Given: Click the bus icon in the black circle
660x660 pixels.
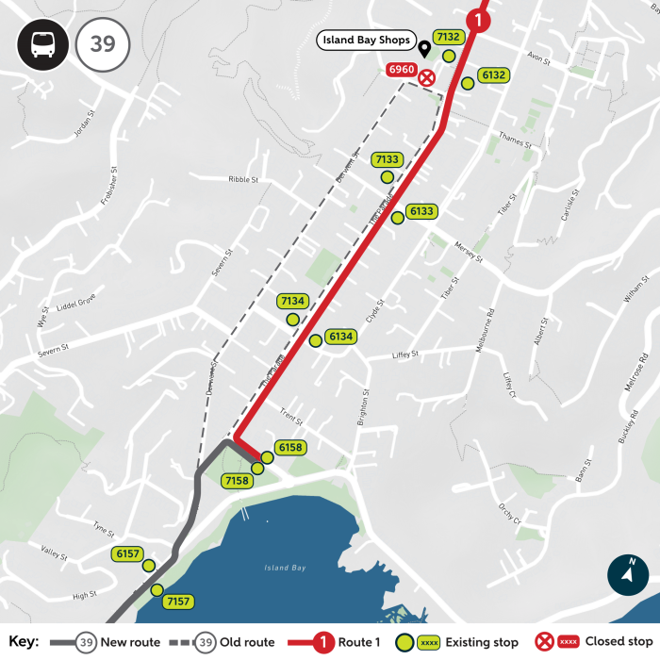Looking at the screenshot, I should pyautogui.click(x=42, y=44).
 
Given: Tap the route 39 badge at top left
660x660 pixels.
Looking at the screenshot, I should pyautogui.click(x=102, y=44).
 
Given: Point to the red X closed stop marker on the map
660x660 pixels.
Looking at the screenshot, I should pyautogui.click(x=427, y=77).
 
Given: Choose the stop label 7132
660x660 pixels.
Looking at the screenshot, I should pyautogui.click(x=448, y=37).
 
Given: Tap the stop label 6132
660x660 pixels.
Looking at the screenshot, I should pyautogui.click(x=493, y=75).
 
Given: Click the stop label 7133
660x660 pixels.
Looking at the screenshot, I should pyautogui.click(x=387, y=159).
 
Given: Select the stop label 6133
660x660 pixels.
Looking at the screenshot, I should pyautogui.click(x=421, y=211).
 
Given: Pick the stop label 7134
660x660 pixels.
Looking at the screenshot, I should pyautogui.click(x=292, y=301).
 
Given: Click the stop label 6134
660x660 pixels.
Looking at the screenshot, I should pyautogui.click(x=340, y=337).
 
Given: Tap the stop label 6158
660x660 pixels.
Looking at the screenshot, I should pyautogui.click(x=290, y=447).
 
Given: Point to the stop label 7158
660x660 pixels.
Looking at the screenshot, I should pyautogui.click(x=238, y=481).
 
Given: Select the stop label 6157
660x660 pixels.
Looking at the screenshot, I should pyautogui.click(x=125, y=553).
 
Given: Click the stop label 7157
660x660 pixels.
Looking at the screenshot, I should pyautogui.click(x=177, y=602).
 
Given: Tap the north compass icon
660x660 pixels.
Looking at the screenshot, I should pyautogui.click(x=628, y=574).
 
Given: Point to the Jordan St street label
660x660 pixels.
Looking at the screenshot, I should pyautogui.click(x=86, y=126).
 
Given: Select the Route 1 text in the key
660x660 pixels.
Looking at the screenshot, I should pyautogui.click(x=360, y=642).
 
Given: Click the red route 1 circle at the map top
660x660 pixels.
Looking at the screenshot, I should pyautogui.click(x=480, y=17).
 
